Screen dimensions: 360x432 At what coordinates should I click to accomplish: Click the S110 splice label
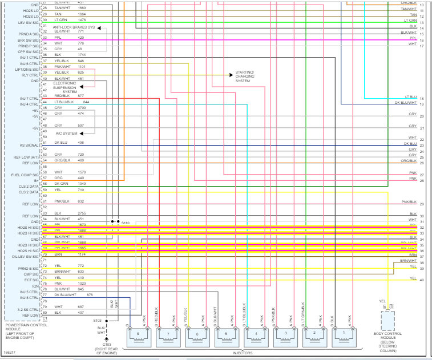point(126,222)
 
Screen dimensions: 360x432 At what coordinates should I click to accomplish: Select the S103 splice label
point(97,321)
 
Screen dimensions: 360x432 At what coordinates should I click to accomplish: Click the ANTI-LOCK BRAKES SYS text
point(74,27)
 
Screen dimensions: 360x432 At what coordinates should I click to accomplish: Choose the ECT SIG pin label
point(31,280)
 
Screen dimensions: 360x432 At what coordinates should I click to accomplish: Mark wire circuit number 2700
point(81,107)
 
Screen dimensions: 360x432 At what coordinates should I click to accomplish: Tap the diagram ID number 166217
point(10,352)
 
